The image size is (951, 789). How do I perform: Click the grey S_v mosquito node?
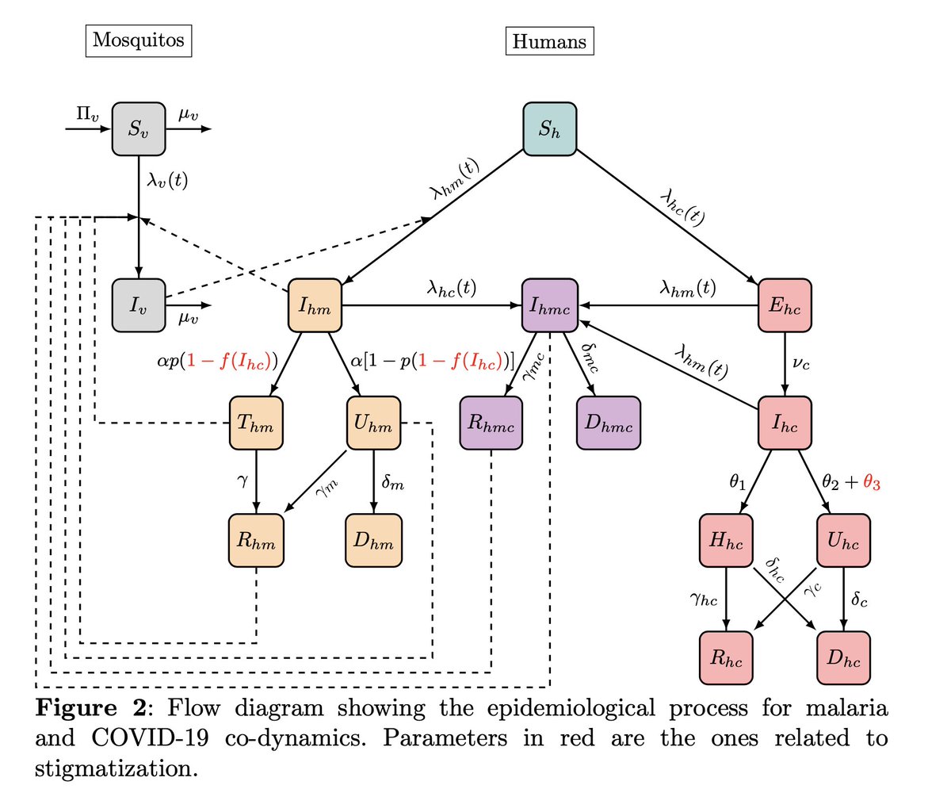coord(139,128)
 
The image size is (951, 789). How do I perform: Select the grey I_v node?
coord(139,305)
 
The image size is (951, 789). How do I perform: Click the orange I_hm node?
coord(315,305)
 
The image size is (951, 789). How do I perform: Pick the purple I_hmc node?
coord(549,305)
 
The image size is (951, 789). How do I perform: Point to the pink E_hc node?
coord(785,305)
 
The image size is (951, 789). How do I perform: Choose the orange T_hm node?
coord(256,423)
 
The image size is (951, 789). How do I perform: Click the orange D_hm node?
coord(373,541)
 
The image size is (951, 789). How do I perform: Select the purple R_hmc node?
coord(491,423)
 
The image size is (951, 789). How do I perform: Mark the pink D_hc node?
coord(844,658)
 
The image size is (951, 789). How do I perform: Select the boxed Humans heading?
coord(549,42)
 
